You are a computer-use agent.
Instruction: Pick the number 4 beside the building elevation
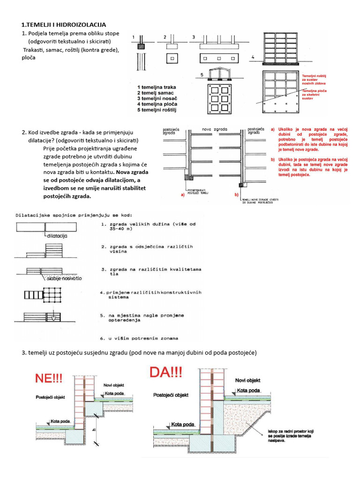[253, 57]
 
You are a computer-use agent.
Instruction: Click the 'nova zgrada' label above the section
[214, 128]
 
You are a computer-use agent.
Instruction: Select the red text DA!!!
[166, 374]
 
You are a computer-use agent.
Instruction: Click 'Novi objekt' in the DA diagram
[247, 380]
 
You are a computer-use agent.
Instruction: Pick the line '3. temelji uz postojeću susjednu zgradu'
[139, 352]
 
